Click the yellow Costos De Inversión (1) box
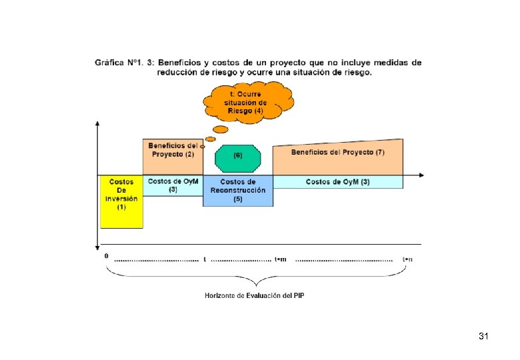[x=121, y=201]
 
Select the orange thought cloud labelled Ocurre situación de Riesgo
[x=247, y=101]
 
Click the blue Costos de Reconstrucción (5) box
[x=237, y=190]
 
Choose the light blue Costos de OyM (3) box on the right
[x=337, y=181]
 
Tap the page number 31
[x=484, y=337]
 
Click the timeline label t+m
[x=280, y=259]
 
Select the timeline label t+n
[x=407, y=259]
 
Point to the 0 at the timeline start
[x=107, y=257]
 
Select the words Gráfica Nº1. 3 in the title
[x=123, y=63]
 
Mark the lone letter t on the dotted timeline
[x=205, y=259]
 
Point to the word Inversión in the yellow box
[x=121, y=198]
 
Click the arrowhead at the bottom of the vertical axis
[x=98, y=245]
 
